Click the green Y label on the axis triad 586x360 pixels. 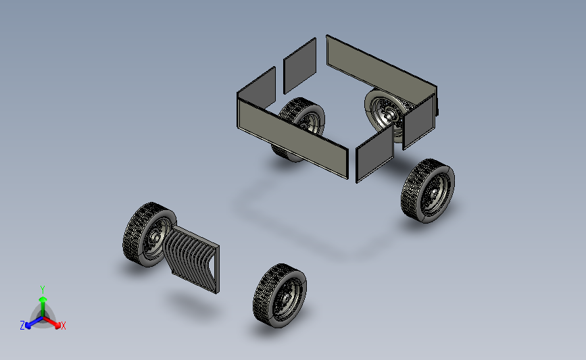(42, 290)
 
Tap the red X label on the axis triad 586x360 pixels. (63, 326)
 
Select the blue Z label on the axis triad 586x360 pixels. (22, 326)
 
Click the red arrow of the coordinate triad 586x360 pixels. (52, 322)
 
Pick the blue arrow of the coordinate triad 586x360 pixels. (34, 322)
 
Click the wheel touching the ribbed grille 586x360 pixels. (149, 234)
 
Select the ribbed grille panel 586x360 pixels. (191, 259)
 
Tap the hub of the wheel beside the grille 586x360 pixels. (155, 237)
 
